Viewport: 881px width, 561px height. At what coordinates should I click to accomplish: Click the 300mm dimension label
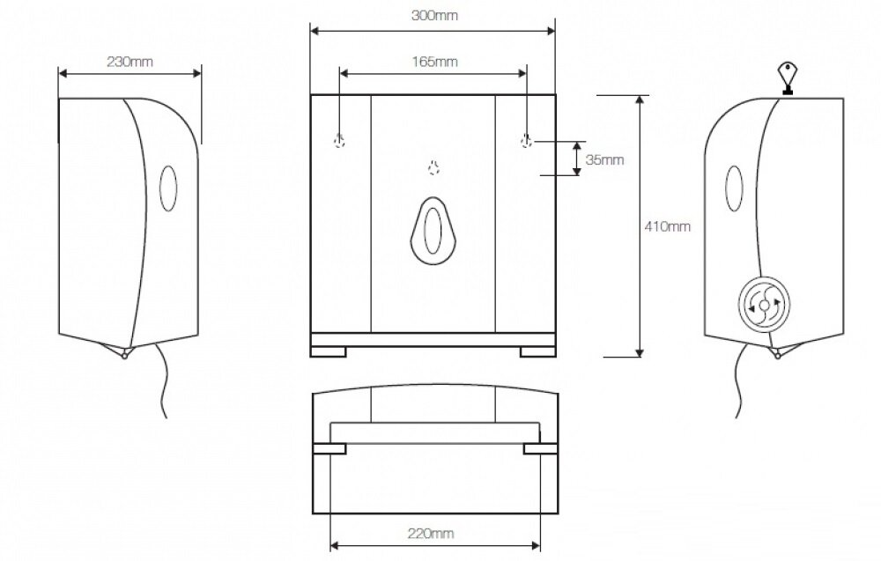click(434, 15)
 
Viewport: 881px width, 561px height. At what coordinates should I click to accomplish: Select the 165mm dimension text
click(434, 62)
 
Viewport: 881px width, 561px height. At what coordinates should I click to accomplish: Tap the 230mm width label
click(130, 62)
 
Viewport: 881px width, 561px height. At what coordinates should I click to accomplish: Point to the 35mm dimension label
click(604, 159)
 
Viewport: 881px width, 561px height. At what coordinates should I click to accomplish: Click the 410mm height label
click(667, 227)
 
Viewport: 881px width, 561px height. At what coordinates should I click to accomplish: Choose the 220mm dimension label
click(431, 533)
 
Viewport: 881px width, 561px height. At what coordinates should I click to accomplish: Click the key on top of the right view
click(787, 78)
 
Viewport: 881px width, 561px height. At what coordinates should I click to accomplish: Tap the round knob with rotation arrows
click(764, 306)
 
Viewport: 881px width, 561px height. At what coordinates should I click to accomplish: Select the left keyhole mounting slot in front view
click(339, 140)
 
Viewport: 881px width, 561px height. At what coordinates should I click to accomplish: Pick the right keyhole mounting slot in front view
click(526, 140)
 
